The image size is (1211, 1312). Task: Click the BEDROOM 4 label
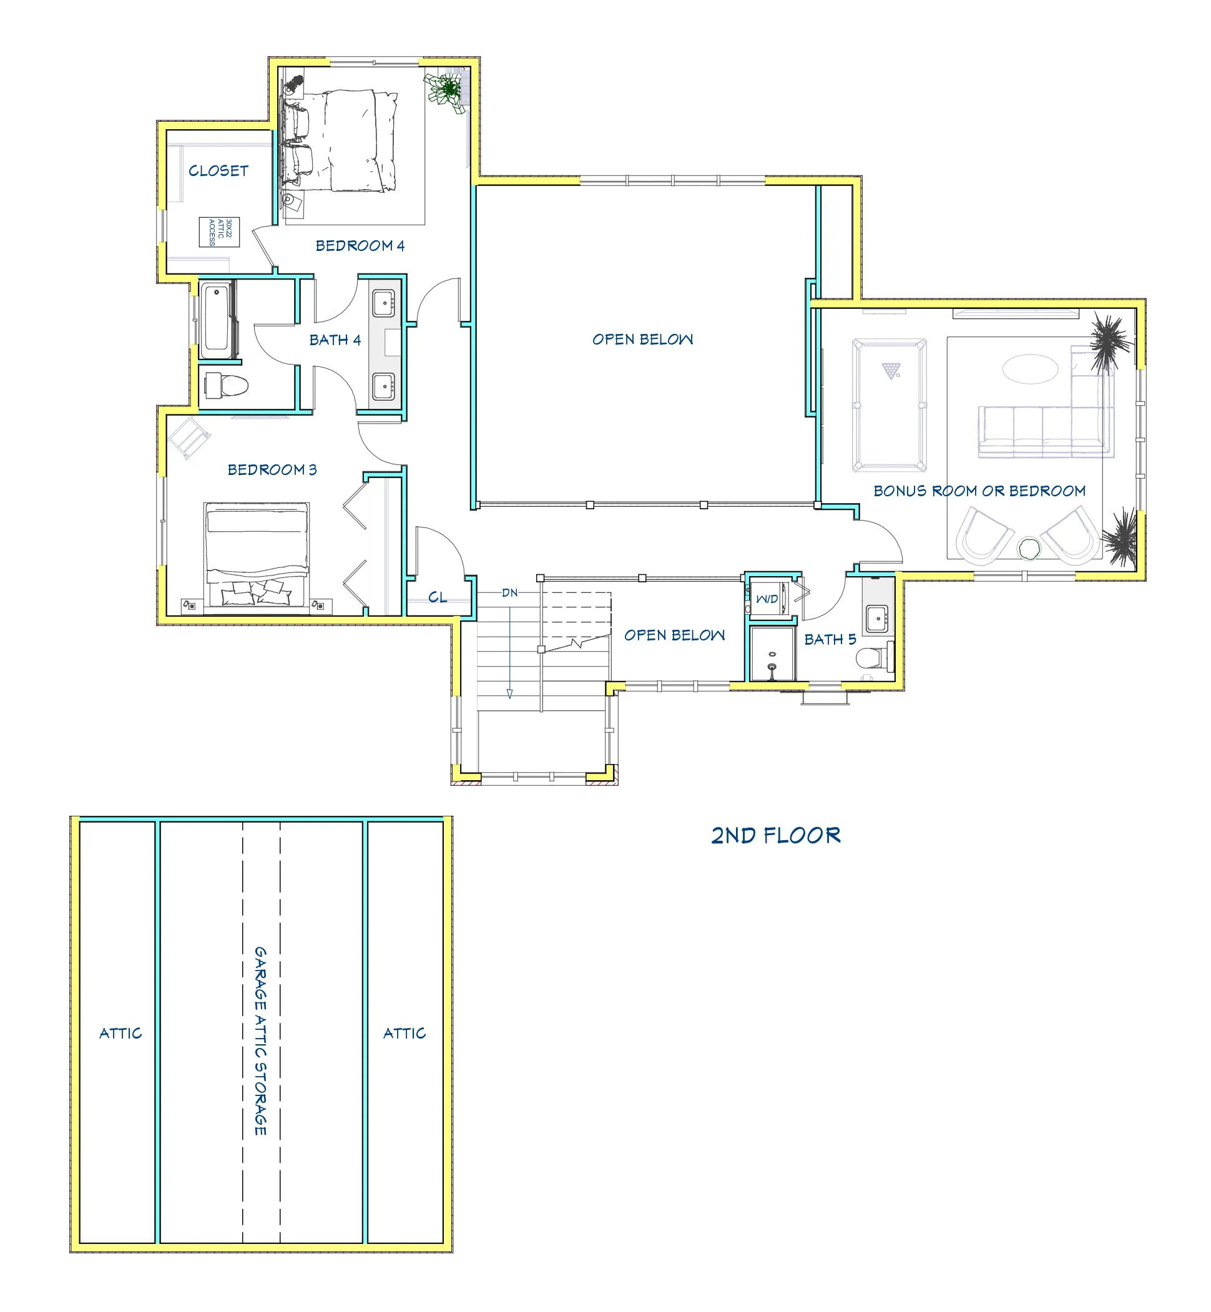point(360,246)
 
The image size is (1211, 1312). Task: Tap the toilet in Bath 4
point(226,385)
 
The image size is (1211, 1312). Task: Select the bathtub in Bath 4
point(215,320)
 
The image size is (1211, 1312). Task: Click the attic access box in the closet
point(220,232)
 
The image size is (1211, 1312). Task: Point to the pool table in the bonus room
point(890,404)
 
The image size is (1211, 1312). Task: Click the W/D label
point(767,599)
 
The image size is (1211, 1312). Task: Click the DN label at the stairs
point(510,592)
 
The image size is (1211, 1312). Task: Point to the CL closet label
point(438,597)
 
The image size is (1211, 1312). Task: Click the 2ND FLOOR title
point(776,835)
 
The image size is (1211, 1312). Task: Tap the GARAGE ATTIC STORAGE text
point(261,1040)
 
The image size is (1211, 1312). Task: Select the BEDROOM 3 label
point(272,470)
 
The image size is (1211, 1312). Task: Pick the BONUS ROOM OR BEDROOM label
point(979,491)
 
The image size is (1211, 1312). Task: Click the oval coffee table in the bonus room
point(1030,368)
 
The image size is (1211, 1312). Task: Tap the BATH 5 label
point(830,640)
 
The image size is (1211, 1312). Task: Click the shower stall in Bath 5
point(773,654)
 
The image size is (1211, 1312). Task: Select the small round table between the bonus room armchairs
point(1029,549)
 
